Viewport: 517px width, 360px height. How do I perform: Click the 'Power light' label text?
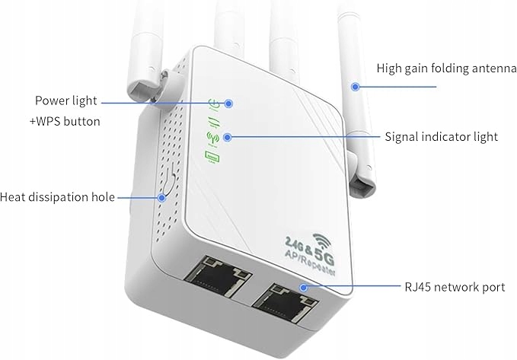coord(66,100)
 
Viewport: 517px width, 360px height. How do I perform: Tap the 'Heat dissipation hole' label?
coord(57,197)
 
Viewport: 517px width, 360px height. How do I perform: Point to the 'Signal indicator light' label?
coord(441,137)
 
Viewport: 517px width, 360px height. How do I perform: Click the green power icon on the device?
coord(214,103)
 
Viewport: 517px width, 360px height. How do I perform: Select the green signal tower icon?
coord(212,139)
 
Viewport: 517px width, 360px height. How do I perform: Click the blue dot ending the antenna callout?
coord(354,87)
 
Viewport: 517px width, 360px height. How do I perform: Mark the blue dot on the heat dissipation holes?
coord(161,198)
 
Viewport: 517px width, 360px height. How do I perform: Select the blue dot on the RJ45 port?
coord(302,288)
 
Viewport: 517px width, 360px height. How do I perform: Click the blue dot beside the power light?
coord(228,102)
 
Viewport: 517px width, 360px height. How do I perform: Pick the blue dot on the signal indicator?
coord(228,137)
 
